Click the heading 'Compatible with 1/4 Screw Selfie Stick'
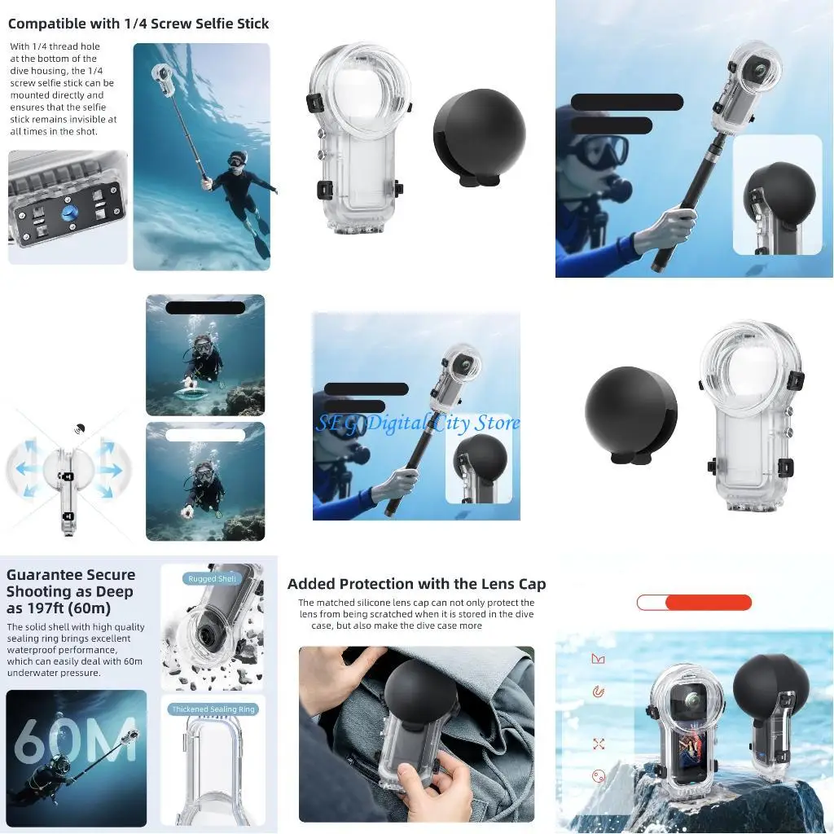click(138, 24)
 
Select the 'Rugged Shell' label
click(212, 579)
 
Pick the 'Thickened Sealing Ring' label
click(213, 709)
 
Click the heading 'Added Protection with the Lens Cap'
click(416, 584)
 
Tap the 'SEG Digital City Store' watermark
click(417, 423)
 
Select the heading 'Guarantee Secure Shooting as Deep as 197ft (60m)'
click(71, 591)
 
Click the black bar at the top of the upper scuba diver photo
click(205, 308)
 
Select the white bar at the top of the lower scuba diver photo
click(205, 436)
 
